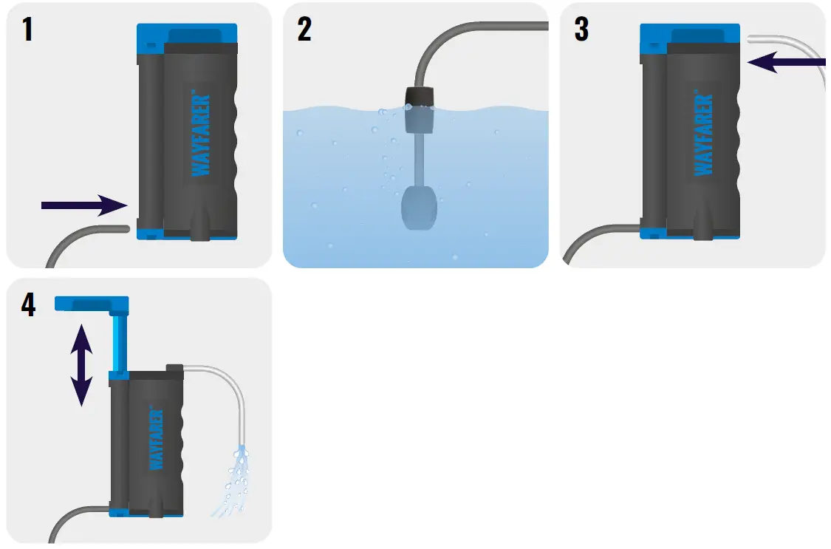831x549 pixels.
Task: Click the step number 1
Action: [27, 30]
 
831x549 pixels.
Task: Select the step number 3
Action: [581, 30]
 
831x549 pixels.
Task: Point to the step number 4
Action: [28, 304]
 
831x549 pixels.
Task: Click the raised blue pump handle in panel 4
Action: [92, 303]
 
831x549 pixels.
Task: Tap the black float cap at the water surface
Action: [418, 96]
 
